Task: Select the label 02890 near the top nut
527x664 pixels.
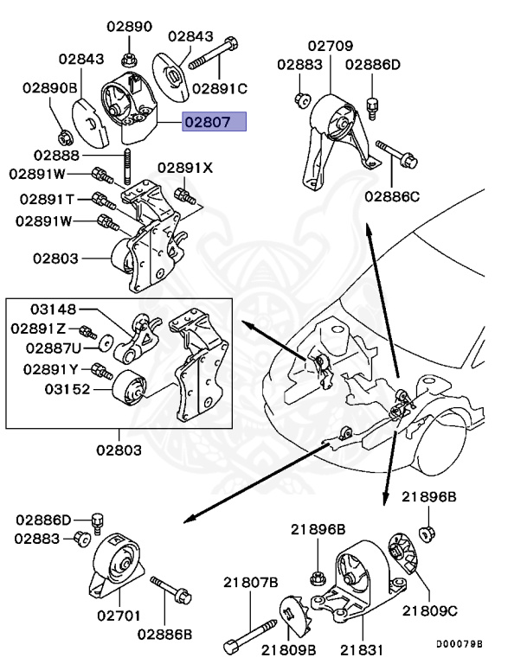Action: pos(129,27)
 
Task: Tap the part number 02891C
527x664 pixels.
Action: pos(220,88)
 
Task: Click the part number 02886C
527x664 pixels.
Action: pos(392,196)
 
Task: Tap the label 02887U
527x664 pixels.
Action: pos(54,348)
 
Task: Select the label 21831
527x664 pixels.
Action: pos(357,648)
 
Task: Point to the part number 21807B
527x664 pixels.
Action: pos(251,581)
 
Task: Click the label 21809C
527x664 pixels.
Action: pos(429,610)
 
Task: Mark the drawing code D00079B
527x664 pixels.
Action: pos(459,644)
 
